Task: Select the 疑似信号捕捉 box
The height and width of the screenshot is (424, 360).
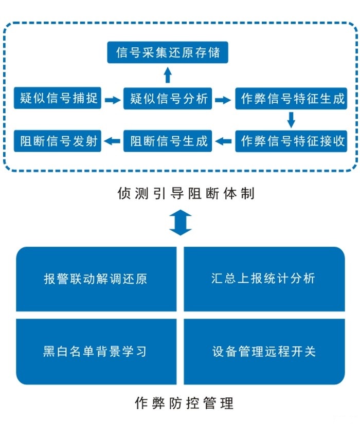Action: pos(58,98)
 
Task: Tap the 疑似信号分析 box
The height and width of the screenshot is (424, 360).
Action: pos(168,99)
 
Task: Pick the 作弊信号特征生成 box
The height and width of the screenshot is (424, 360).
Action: pos(292,99)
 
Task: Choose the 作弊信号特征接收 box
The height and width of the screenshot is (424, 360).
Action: pos(292,140)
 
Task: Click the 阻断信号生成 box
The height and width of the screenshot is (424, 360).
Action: pos(168,140)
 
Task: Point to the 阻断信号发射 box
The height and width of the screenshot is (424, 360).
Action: pos(58,140)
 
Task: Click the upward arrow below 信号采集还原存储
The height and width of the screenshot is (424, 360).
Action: pos(168,75)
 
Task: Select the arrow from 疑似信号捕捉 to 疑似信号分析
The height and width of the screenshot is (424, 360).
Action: pos(112,100)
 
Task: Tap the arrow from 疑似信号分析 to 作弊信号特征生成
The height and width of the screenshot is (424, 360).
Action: pos(223,100)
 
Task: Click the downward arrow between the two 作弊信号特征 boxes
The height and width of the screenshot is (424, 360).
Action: pos(291,119)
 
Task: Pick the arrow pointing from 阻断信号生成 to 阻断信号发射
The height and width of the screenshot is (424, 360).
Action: pos(113,140)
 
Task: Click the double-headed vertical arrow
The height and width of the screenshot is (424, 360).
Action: pos(181,222)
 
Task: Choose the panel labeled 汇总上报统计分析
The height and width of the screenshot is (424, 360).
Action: pos(264,279)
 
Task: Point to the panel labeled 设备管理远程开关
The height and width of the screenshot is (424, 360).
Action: pos(264,352)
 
